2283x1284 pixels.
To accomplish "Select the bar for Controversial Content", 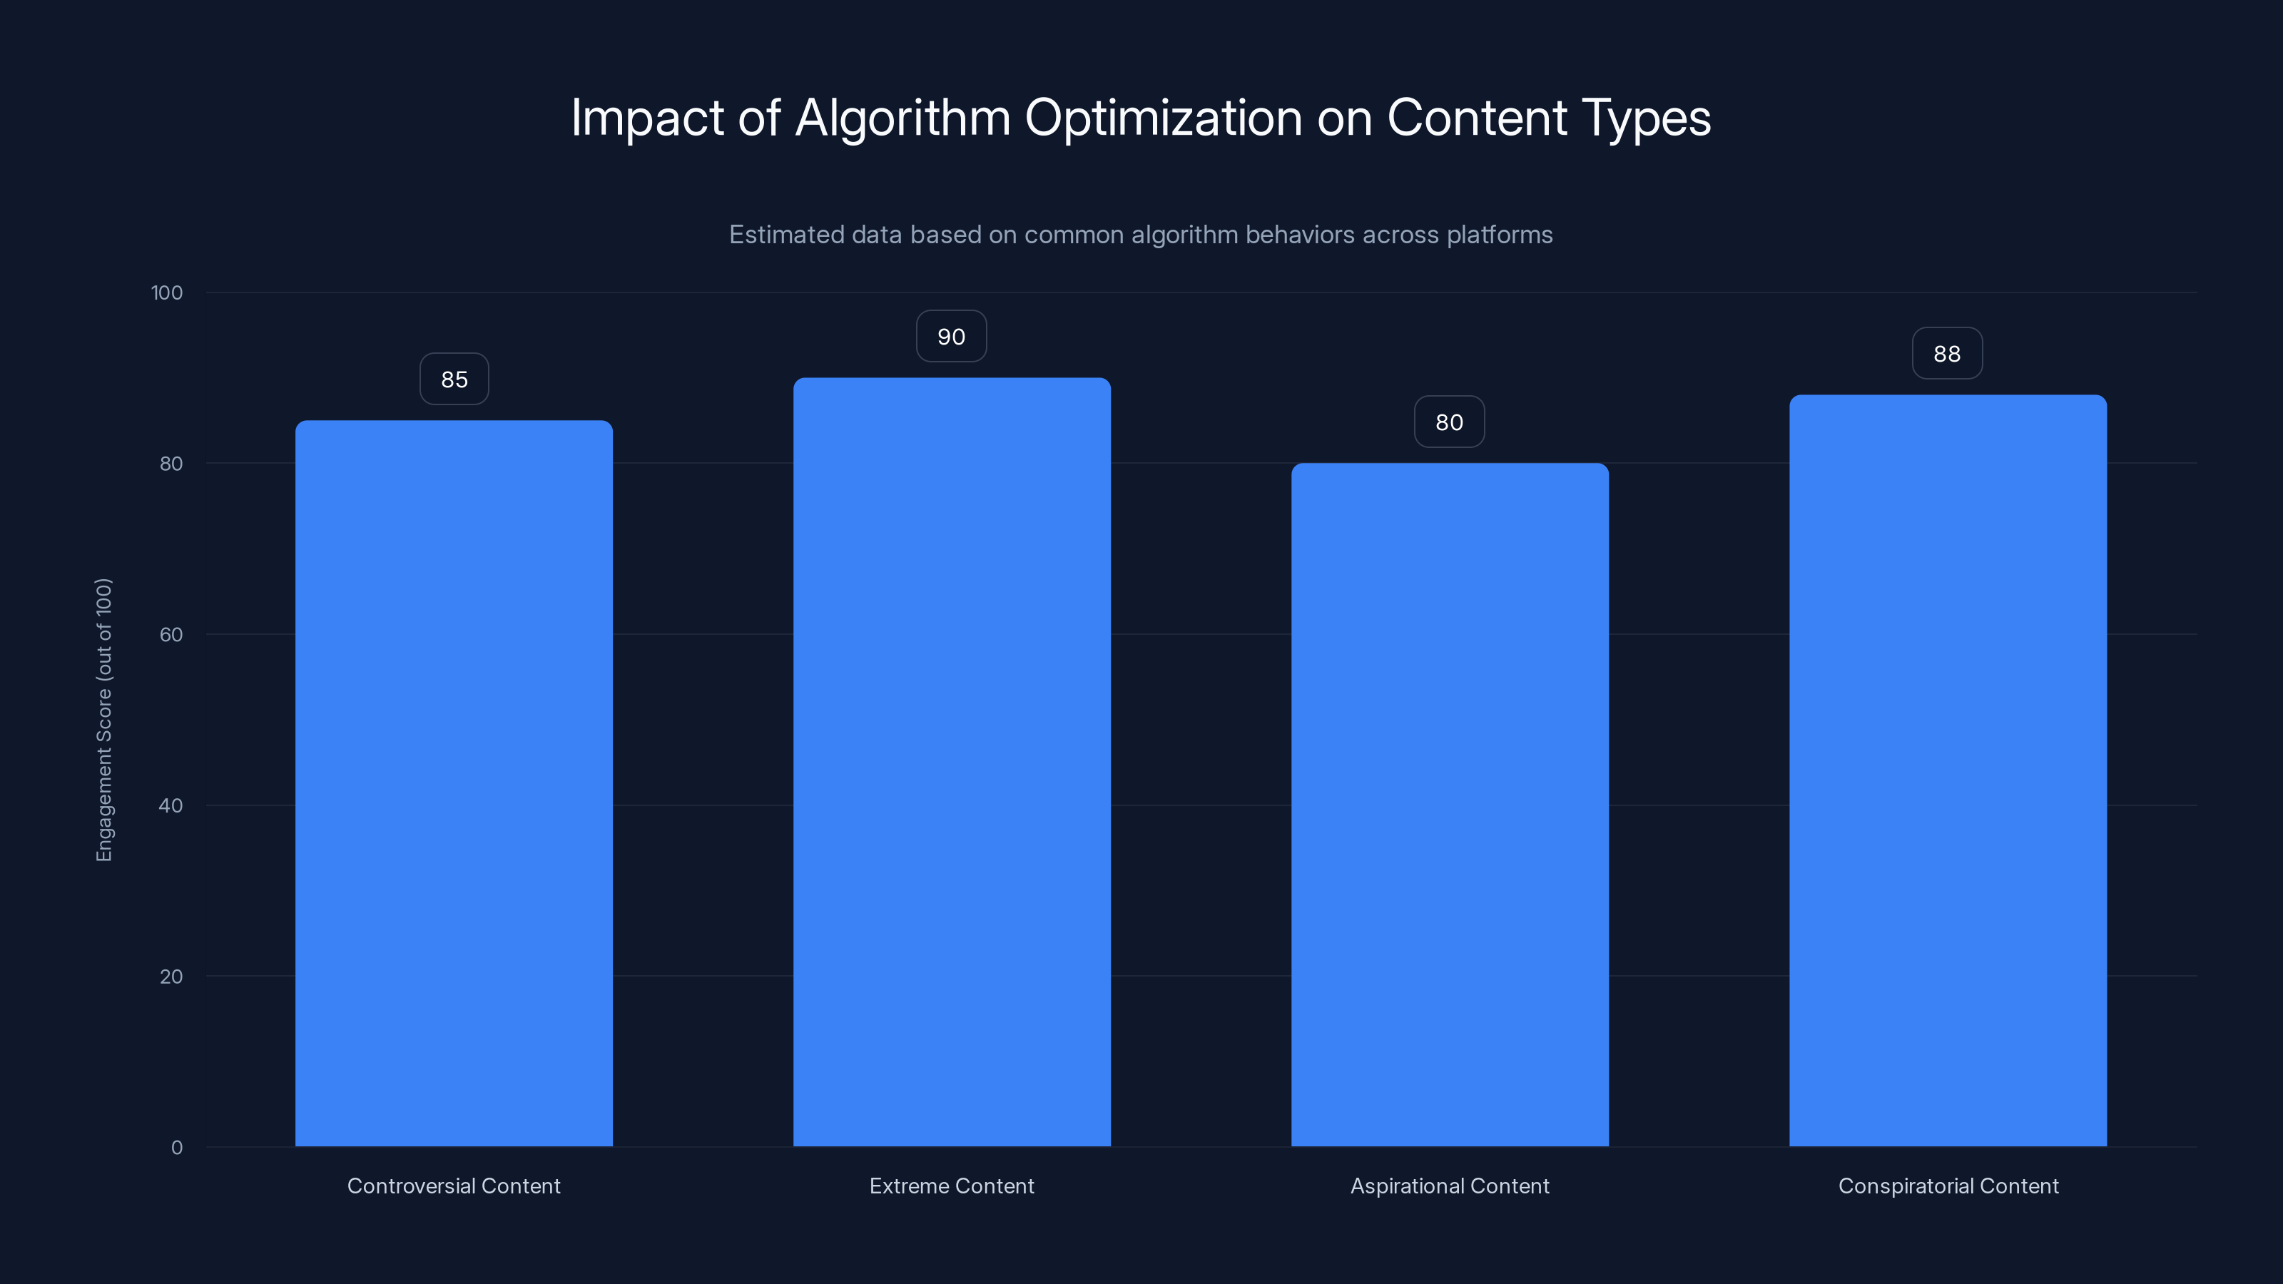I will [454, 783].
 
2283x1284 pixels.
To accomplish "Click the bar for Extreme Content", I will [951, 762].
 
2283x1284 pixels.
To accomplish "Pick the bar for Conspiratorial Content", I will [1947, 771].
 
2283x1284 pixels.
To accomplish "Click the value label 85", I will [454, 379].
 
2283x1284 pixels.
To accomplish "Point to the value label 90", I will [951, 337].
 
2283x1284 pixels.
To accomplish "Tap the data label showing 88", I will [1946, 354].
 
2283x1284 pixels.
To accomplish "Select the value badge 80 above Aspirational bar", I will [1449, 422].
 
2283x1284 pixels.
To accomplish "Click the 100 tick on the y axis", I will [167, 292].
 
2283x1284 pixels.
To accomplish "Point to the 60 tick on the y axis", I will [171, 634].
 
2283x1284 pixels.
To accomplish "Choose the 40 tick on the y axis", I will [171, 805].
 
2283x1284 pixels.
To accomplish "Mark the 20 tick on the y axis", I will [171, 977].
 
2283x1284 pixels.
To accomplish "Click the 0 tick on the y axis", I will [176, 1148].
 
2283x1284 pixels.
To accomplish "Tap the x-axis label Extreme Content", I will [951, 1186].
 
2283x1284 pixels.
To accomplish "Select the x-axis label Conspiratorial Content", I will [1947, 1186].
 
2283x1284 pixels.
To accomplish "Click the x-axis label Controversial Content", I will [454, 1186].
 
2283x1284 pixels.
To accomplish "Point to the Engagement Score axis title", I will [103, 720].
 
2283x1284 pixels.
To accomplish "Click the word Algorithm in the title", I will [902, 118].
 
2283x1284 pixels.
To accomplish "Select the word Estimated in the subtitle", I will [786, 235].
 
